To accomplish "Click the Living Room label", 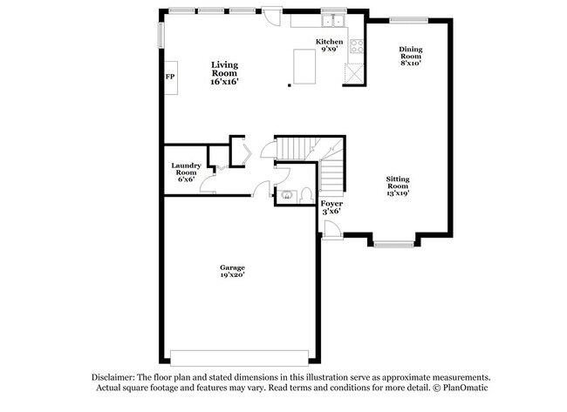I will pyautogui.click(x=224, y=71).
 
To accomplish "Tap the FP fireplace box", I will pyautogui.click(x=170, y=78).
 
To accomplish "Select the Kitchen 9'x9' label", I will pyautogui.click(x=329, y=45).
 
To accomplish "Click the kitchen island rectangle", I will pyautogui.click(x=305, y=67).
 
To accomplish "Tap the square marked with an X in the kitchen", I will pyautogui.click(x=354, y=72).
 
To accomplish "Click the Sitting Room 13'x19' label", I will pyautogui.click(x=398, y=185).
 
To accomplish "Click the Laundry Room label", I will pyautogui.click(x=186, y=172).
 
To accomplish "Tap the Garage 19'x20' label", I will pyautogui.click(x=232, y=271).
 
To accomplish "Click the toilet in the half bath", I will pyautogui.click(x=306, y=195).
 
